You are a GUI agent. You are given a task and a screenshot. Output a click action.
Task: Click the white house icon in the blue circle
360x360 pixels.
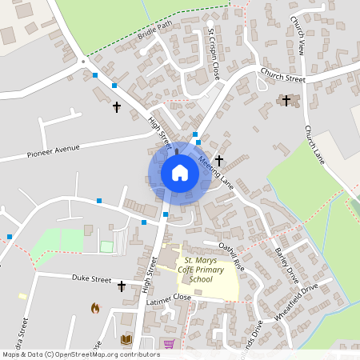point(180,173)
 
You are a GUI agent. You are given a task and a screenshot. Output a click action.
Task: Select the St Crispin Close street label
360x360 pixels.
point(213,54)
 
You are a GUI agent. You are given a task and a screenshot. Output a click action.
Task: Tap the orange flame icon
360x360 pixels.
point(95,307)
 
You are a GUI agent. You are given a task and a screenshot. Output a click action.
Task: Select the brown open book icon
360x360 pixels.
point(126,340)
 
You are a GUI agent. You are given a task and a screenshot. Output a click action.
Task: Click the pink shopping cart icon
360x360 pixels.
point(169,344)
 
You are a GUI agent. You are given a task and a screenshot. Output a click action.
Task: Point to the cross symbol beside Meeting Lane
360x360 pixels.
point(218,161)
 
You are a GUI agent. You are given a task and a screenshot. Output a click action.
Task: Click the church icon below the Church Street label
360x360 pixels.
point(286,100)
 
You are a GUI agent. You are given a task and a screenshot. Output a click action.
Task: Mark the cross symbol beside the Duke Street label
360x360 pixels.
point(122,286)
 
